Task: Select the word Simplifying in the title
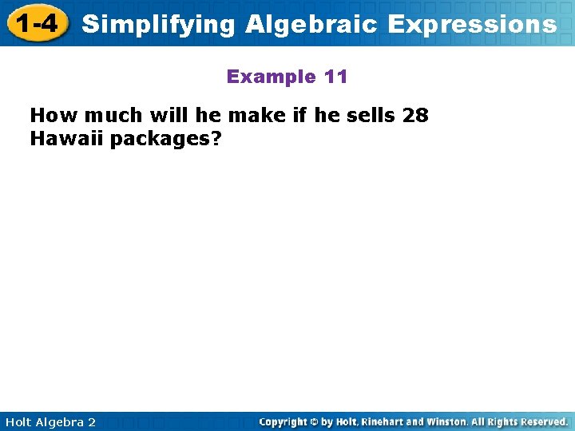[x=159, y=25]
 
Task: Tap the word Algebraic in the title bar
[x=311, y=25]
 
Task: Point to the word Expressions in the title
[x=472, y=25]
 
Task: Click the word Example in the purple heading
[x=272, y=77]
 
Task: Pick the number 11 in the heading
[x=336, y=77]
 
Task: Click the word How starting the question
[x=49, y=116]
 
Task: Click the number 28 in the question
[x=415, y=116]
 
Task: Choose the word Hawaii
[x=67, y=139]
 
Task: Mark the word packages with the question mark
[x=165, y=140]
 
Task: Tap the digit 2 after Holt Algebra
[x=92, y=422]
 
